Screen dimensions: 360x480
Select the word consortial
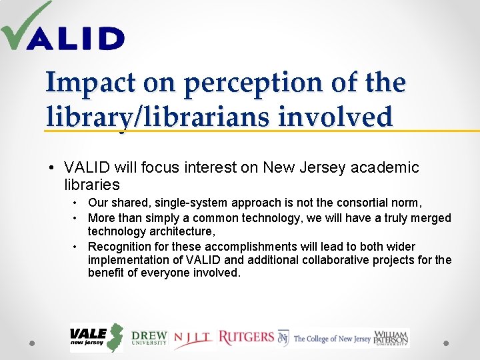tap(365, 203)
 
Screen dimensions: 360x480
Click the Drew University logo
tap(149, 338)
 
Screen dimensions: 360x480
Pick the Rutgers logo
tap(246, 337)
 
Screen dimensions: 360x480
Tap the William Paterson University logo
tap(391, 338)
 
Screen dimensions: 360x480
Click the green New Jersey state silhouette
tap(116, 337)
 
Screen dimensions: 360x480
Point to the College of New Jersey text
tap(332, 339)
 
